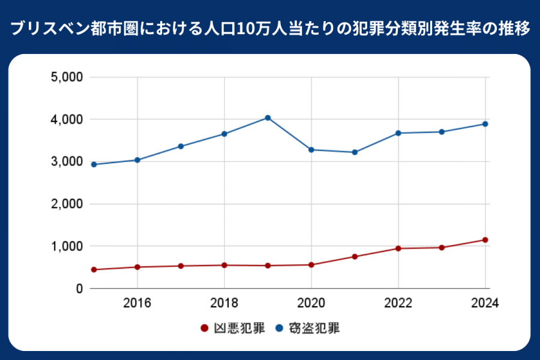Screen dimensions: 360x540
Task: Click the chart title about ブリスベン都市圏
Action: point(270,28)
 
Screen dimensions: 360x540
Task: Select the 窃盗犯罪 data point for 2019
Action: point(268,118)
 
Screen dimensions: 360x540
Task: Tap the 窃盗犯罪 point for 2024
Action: point(485,124)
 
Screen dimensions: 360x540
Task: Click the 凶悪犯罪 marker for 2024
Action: point(485,240)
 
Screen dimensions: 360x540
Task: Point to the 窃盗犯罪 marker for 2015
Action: point(94,164)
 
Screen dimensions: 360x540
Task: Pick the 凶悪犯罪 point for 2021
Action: point(355,257)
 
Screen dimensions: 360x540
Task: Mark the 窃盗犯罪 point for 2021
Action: point(355,152)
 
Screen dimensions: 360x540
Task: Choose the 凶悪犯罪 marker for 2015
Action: point(94,270)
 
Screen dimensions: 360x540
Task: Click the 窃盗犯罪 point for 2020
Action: point(311,149)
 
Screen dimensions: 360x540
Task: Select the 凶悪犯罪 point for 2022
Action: point(398,248)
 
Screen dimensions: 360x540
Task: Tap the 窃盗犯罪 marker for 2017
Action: point(181,146)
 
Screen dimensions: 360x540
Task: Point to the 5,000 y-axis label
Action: point(66,77)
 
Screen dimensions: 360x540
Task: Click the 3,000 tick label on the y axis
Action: point(66,162)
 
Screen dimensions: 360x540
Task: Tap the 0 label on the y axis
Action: point(78,289)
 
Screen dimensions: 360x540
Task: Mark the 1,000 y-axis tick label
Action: point(66,247)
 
